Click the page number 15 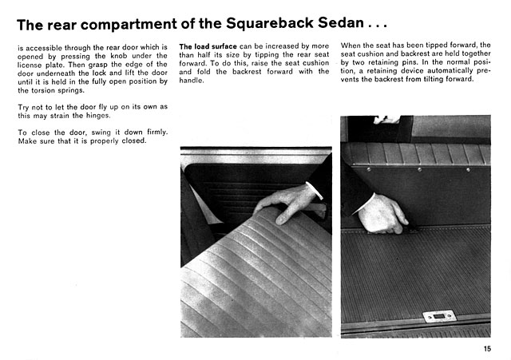coord(487,347)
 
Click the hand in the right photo coord(382,214)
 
